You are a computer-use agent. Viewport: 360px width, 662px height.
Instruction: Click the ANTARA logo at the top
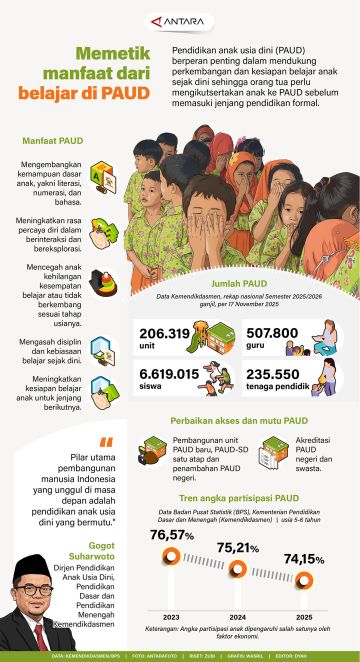180,19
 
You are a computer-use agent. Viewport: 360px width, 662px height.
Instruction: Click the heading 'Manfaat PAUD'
40,145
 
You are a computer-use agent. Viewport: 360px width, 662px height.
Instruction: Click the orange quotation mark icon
106,443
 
